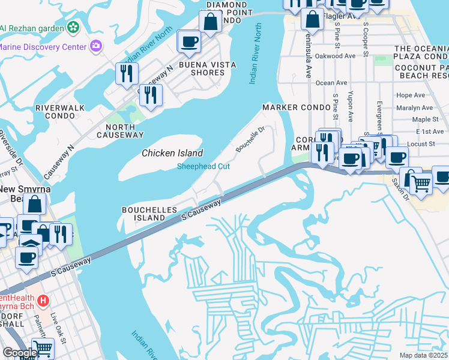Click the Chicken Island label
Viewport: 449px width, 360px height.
pyautogui.click(x=172, y=153)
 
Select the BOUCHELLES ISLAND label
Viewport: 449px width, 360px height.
pyautogui.click(x=149, y=214)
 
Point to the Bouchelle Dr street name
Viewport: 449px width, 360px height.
pyautogui.click(x=250, y=139)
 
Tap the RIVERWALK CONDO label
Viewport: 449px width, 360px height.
pyautogui.click(x=61, y=112)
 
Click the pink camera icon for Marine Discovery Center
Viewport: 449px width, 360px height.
pyautogui.click(x=95, y=46)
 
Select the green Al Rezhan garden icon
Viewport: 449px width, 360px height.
pyautogui.click(x=73, y=27)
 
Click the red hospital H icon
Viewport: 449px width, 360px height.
pyautogui.click(x=43, y=300)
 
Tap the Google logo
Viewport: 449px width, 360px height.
pyautogui.click(x=19, y=353)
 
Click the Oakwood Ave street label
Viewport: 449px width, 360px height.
pyautogui.click(x=339, y=56)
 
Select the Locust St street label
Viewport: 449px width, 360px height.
pyautogui.click(x=421, y=144)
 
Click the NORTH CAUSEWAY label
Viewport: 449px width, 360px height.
pyautogui.click(x=124, y=131)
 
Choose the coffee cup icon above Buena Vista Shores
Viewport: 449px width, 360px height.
pyautogui.click(x=189, y=41)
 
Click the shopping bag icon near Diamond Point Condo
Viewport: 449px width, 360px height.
pyautogui.click(x=211, y=22)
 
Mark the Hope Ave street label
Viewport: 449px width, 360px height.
pyautogui.click(x=411, y=95)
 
